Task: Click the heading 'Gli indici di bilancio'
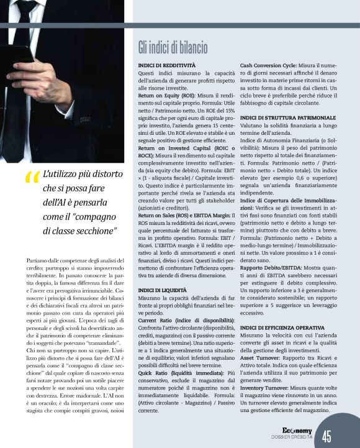(173, 48)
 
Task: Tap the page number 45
(327, 436)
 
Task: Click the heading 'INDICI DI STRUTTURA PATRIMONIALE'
(287, 117)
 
